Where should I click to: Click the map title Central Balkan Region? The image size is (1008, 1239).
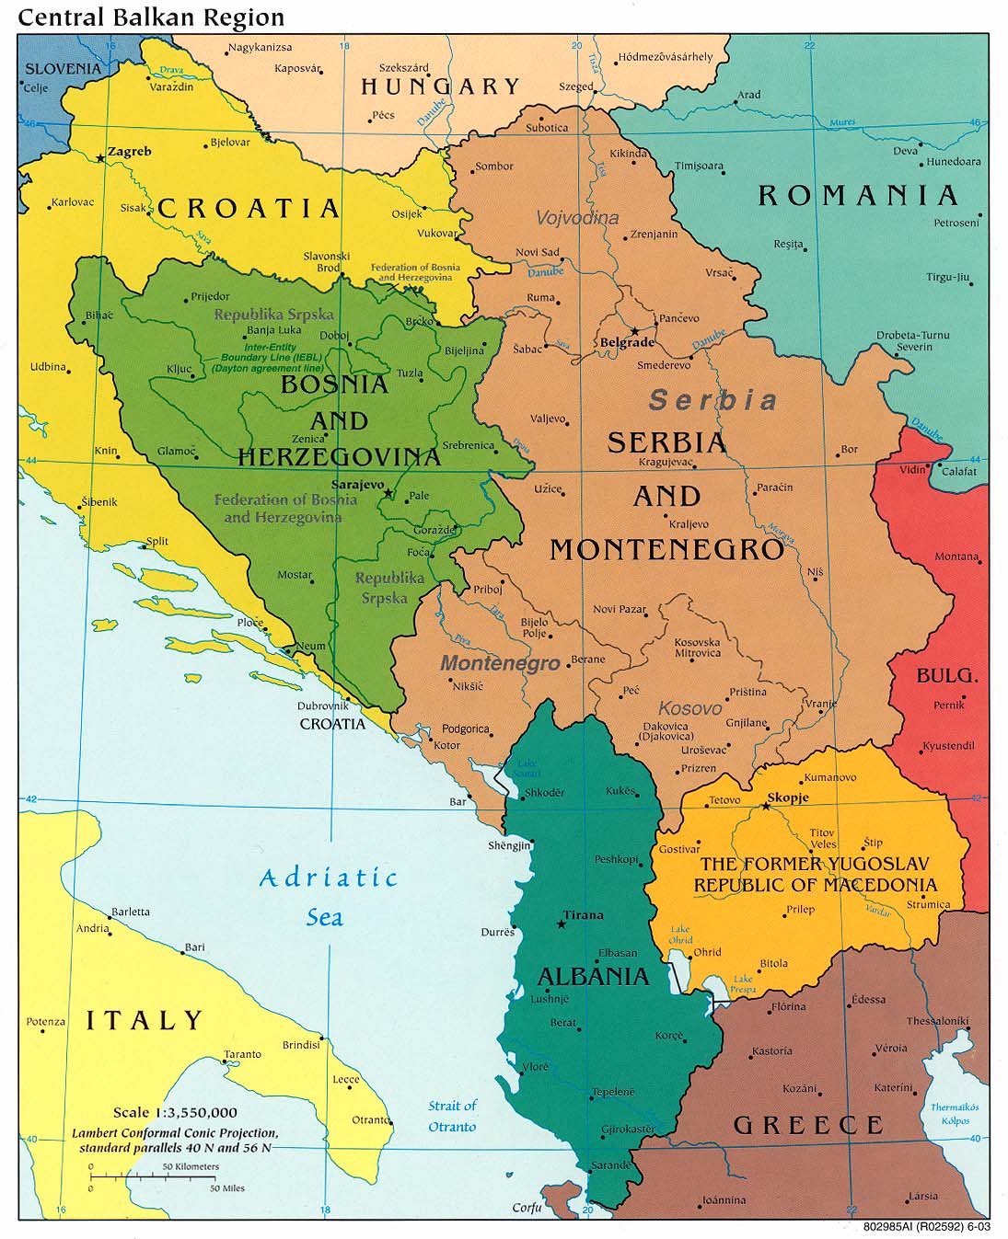[151, 17]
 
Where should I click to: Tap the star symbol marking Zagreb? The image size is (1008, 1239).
[100, 158]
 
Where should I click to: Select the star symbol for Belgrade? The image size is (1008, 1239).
[634, 330]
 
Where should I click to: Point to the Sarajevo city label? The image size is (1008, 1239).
[357, 485]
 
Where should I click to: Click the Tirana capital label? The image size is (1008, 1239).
[583, 915]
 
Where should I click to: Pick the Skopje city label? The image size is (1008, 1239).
[788, 797]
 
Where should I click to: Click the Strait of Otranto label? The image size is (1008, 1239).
[452, 1116]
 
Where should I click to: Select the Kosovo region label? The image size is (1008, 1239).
[689, 708]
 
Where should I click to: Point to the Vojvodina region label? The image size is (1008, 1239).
[577, 218]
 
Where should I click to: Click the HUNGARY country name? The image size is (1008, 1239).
[440, 87]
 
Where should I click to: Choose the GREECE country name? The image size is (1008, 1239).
[808, 1125]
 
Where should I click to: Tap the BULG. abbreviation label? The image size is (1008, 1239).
[946, 676]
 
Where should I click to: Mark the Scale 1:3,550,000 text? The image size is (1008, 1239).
[175, 1112]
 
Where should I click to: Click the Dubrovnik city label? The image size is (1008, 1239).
[322, 706]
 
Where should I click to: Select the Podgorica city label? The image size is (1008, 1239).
[465, 728]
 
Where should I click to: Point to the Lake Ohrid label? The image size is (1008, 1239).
[680, 935]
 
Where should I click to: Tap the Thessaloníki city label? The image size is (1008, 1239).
[936, 1021]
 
